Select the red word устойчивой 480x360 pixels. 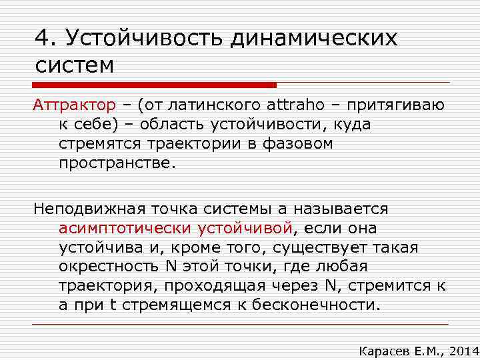point(245,228)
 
